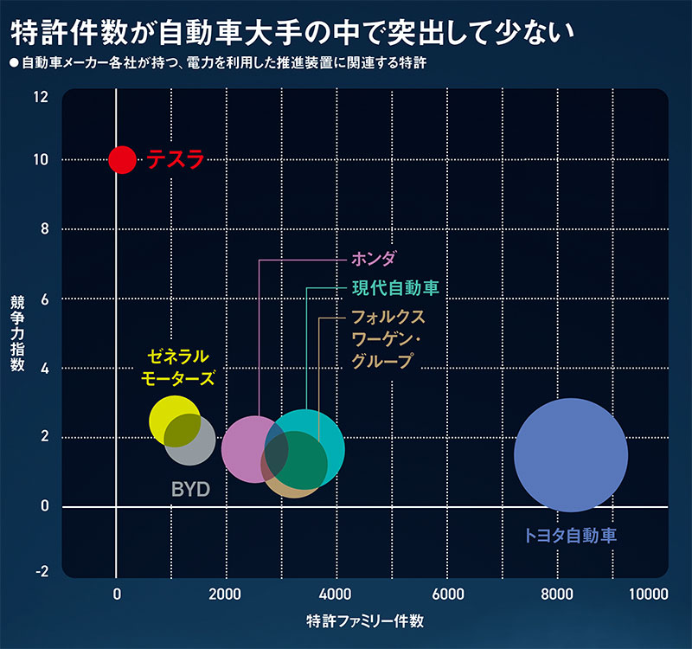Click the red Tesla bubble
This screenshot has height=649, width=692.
(x=122, y=160)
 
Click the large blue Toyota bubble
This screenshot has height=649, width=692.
(x=570, y=455)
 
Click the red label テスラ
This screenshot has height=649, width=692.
(x=175, y=160)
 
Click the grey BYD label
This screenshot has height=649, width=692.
(x=190, y=490)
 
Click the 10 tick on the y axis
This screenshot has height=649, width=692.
(x=42, y=160)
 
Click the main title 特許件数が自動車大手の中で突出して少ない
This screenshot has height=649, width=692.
(x=292, y=34)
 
